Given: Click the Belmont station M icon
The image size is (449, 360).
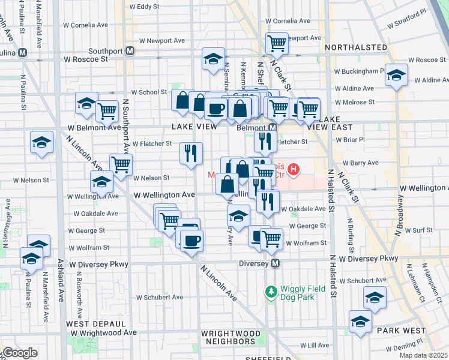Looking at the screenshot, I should point(273,128).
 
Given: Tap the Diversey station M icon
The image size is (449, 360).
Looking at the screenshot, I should point(276,263).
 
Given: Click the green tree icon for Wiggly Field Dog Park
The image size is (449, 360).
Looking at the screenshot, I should point(271,291).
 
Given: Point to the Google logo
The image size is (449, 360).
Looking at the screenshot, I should point(19,353).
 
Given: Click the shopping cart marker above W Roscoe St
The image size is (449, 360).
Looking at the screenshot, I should point(277,43).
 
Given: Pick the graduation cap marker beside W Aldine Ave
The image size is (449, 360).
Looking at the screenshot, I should point(396,75).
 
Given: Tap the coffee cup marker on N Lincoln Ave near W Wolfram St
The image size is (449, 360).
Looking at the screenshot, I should point(191,241).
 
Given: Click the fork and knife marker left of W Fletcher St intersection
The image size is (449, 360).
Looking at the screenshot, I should point(191,153).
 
